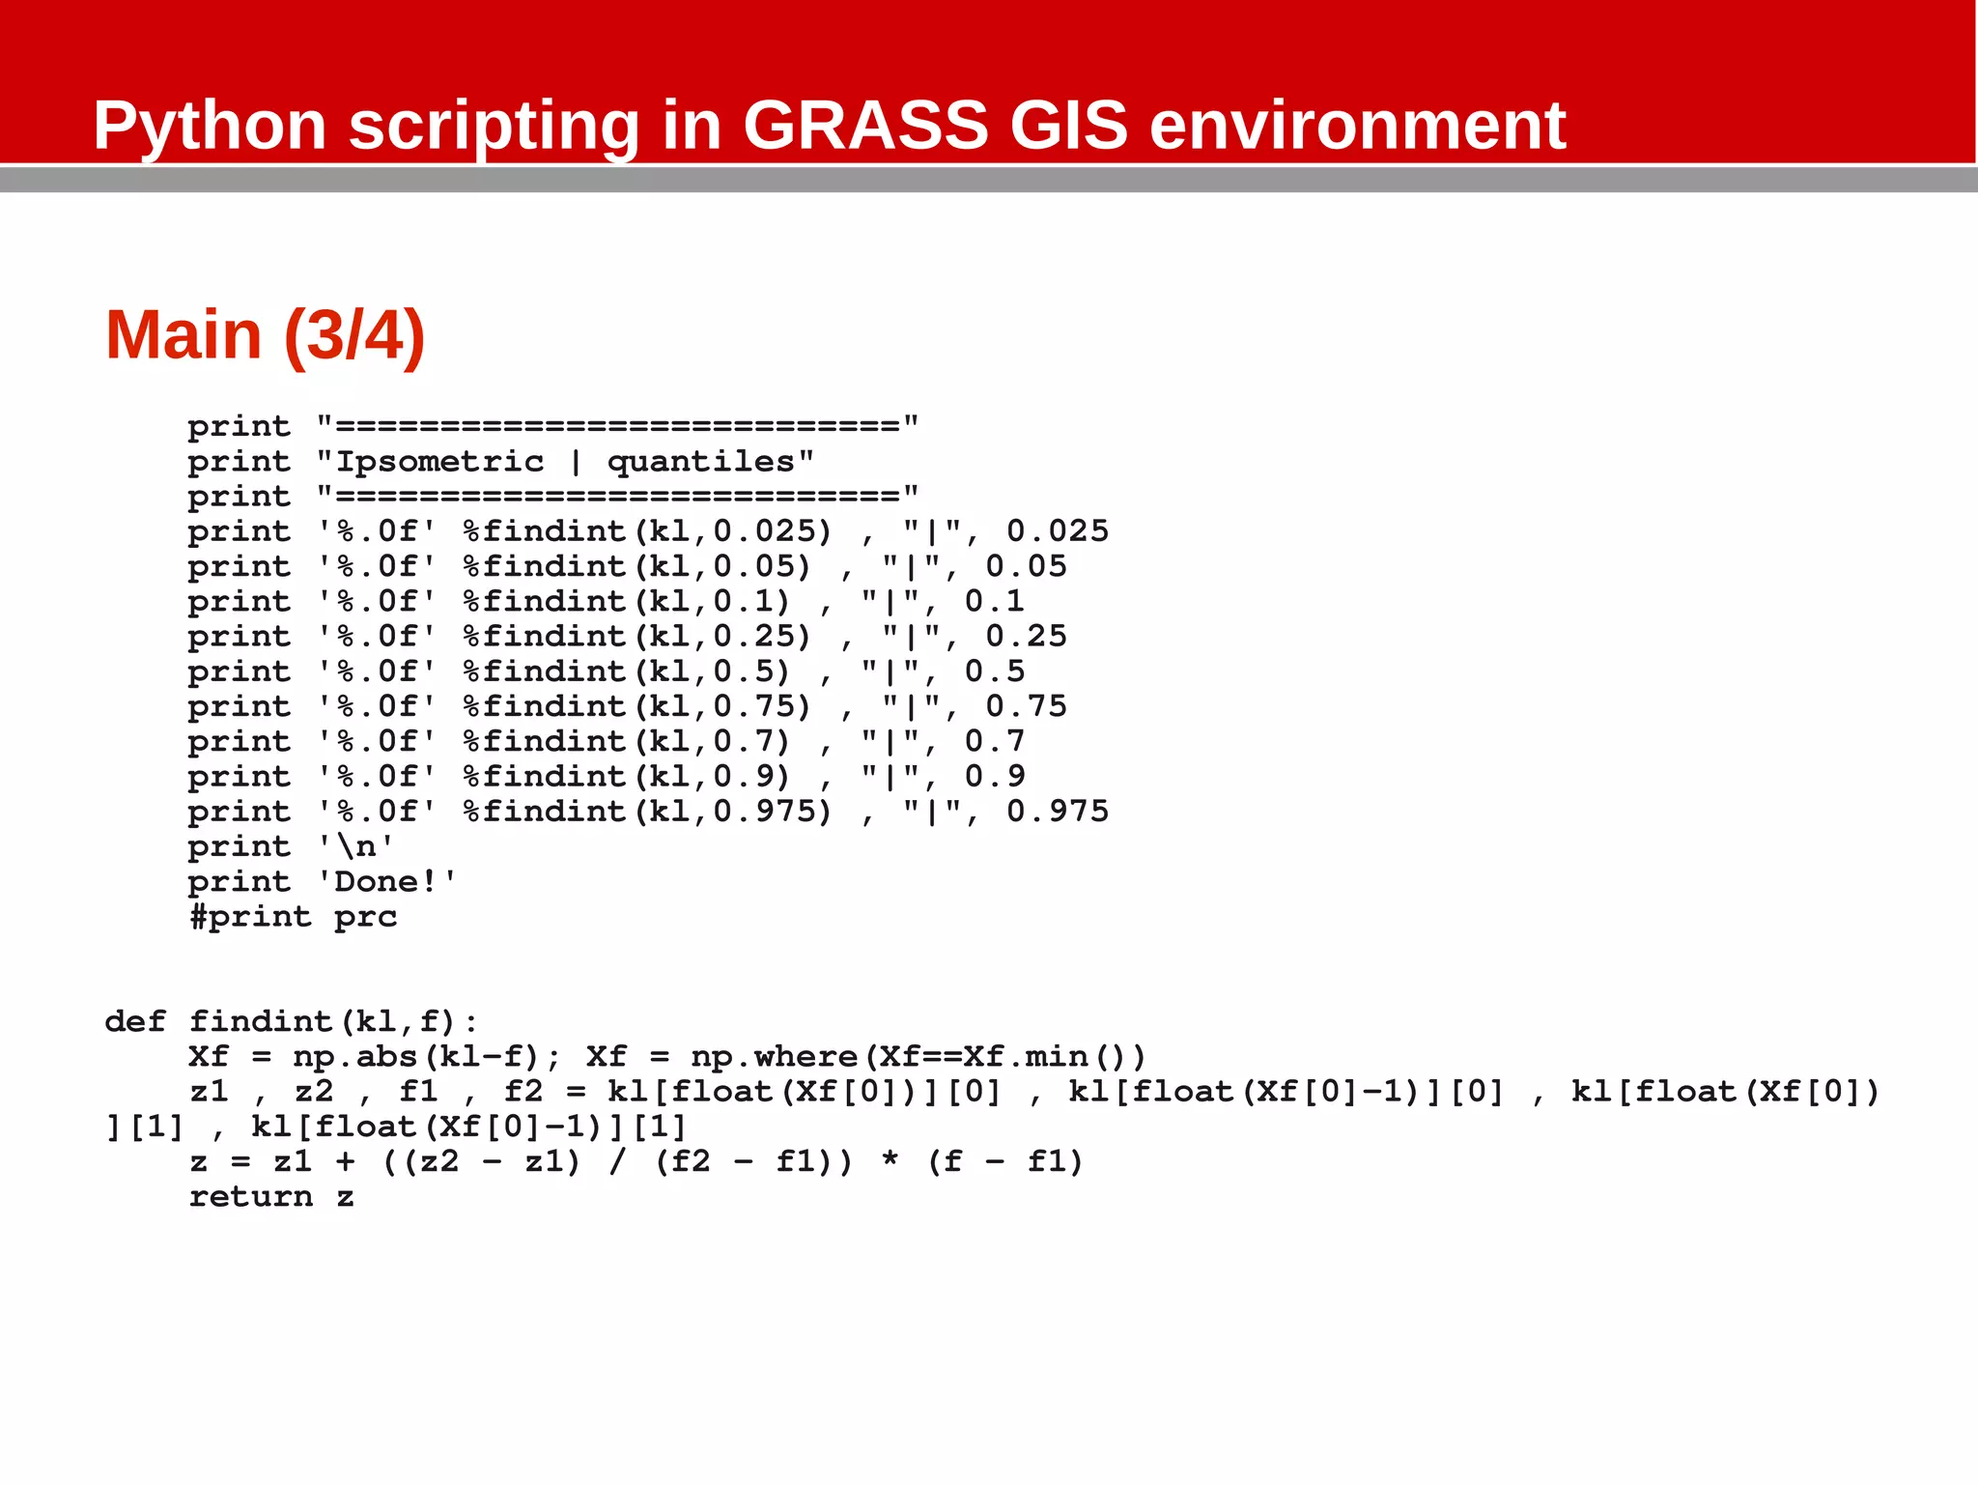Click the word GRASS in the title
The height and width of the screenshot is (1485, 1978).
865,126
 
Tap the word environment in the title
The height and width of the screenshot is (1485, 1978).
1357,126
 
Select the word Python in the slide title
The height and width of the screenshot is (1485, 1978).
210,128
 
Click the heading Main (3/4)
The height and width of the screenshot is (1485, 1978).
265,335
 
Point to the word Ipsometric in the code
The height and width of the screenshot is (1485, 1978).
439,462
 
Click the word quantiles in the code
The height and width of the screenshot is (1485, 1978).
700,462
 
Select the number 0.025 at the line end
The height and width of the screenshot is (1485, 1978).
1058,531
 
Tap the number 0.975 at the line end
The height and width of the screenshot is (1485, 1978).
1058,812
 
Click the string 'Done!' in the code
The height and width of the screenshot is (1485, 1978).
386,882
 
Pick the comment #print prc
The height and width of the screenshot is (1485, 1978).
293,917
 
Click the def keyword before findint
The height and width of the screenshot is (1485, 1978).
135,1022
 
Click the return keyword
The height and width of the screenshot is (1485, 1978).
251,1197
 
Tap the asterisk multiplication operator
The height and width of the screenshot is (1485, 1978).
890,1162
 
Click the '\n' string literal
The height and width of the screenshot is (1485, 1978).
355,847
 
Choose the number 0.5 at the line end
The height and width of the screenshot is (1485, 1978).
995,671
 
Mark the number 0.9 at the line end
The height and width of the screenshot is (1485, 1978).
995,777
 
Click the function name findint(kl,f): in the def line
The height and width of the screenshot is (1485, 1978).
333,1022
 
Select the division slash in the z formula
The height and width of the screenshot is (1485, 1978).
617,1162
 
